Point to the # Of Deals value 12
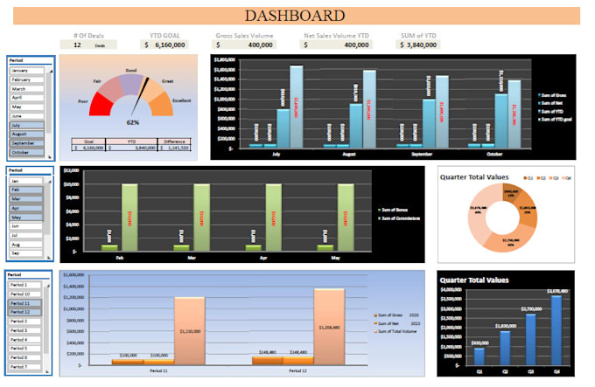(77, 45)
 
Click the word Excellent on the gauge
(183, 100)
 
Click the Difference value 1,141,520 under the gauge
(179, 148)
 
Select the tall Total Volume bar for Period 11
(190, 330)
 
